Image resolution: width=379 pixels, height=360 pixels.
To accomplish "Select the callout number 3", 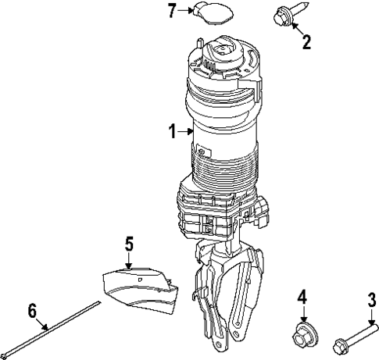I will click(x=371, y=300).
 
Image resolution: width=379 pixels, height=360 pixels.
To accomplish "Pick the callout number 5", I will click(x=129, y=243).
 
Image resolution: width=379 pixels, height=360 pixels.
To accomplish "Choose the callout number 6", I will click(x=32, y=310).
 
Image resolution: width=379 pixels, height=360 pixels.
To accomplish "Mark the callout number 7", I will click(x=173, y=10).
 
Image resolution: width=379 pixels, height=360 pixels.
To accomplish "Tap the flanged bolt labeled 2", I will click(x=283, y=15).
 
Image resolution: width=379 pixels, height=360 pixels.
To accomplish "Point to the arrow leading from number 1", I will click(x=188, y=133).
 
